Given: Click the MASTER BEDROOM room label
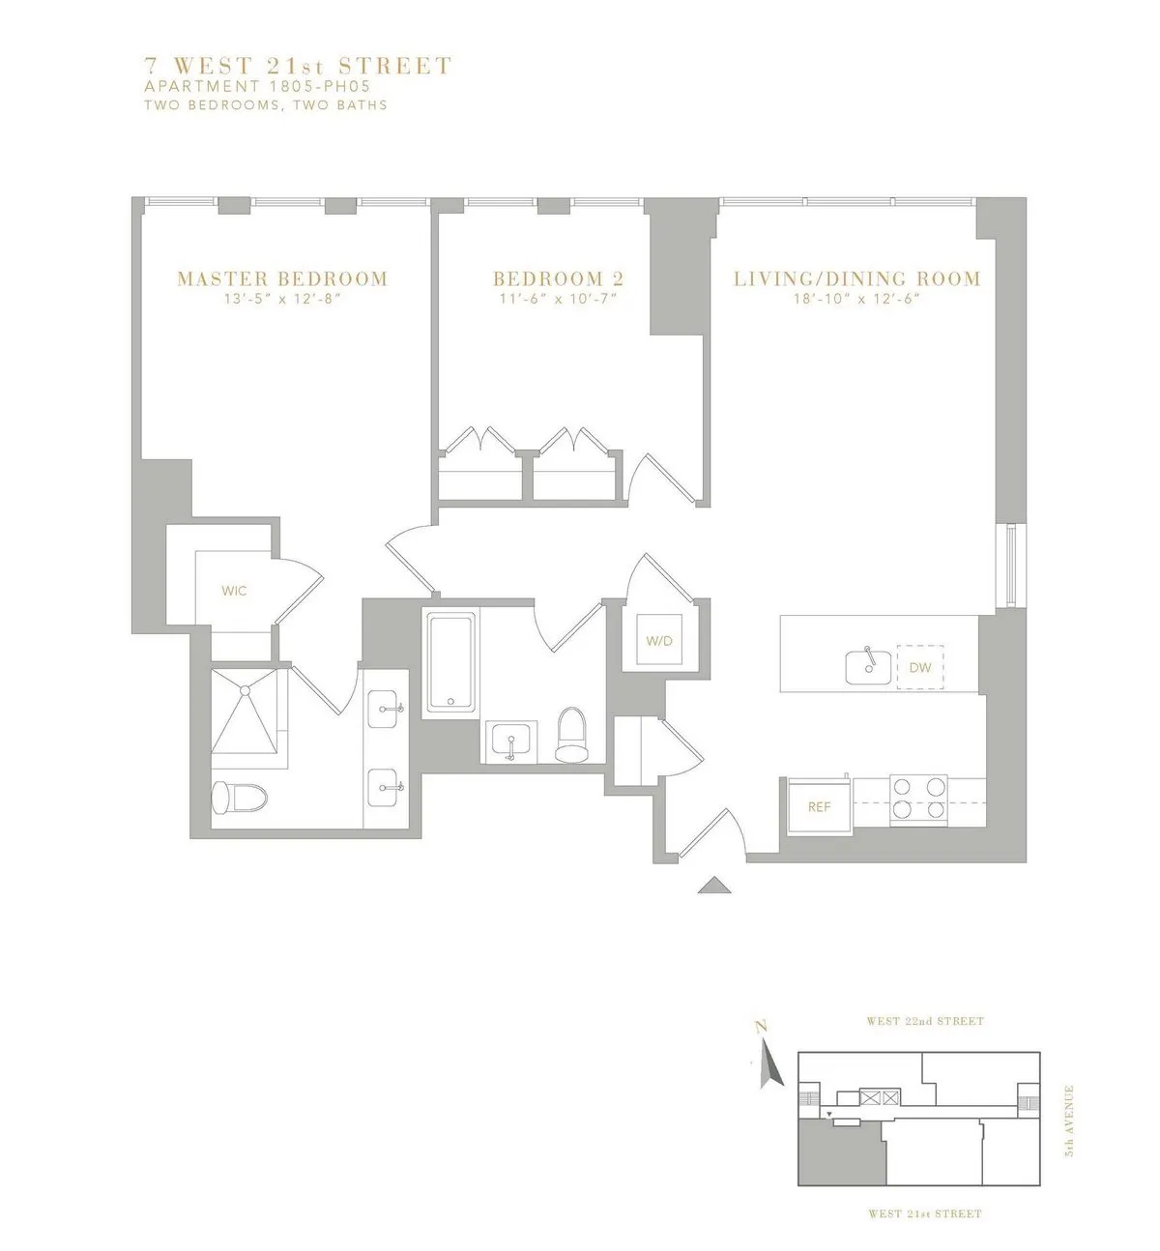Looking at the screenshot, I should [x=282, y=278].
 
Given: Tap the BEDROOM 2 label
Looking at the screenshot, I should [x=558, y=278].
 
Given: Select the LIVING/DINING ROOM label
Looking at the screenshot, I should [x=857, y=278].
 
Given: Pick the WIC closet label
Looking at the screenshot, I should [x=234, y=591].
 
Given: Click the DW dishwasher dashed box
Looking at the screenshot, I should [x=919, y=667].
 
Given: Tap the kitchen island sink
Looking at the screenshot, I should [x=867, y=665].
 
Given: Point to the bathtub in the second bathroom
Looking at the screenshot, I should [x=449, y=663].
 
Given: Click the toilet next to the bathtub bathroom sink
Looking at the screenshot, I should [x=571, y=733].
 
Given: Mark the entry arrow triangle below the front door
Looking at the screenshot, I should [x=712, y=885].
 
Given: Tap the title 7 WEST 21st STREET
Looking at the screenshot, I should [x=298, y=66].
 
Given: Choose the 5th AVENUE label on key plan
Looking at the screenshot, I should [x=1069, y=1121].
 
